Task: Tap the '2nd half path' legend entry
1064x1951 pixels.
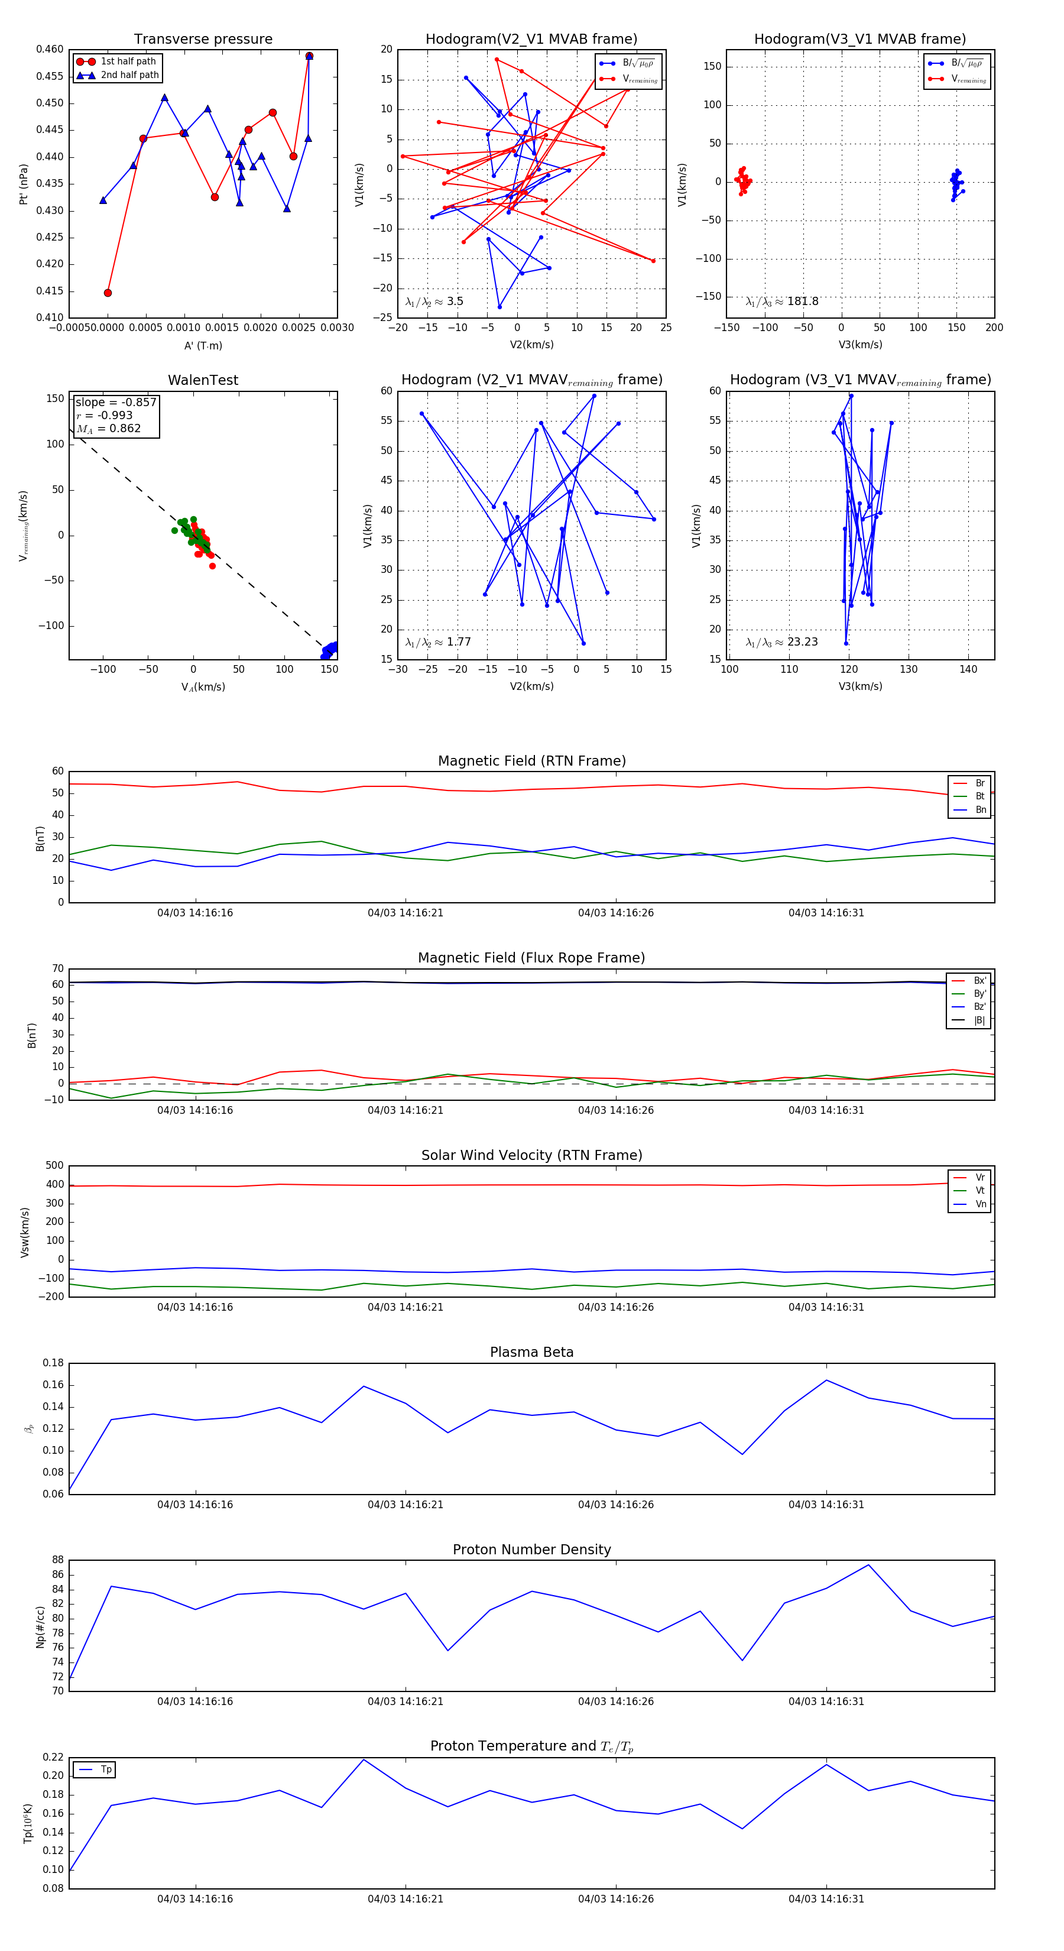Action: (x=129, y=75)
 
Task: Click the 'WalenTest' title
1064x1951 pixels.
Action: (x=203, y=380)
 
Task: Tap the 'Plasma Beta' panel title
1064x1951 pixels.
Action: (x=531, y=1352)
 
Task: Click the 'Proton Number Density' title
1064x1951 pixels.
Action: (x=531, y=1550)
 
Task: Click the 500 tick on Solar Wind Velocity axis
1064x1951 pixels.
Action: (x=54, y=1166)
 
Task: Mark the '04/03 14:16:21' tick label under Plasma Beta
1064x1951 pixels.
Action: (x=405, y=1505)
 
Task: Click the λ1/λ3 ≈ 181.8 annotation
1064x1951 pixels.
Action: (x=781, y=302)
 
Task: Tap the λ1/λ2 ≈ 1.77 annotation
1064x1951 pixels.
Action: (x=437, y=642)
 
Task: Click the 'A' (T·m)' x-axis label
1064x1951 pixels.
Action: (x=203, y=345)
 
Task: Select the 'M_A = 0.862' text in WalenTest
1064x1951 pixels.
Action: (x=108, y=429)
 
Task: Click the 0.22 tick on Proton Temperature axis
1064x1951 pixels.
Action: (x=53, y=1757)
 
